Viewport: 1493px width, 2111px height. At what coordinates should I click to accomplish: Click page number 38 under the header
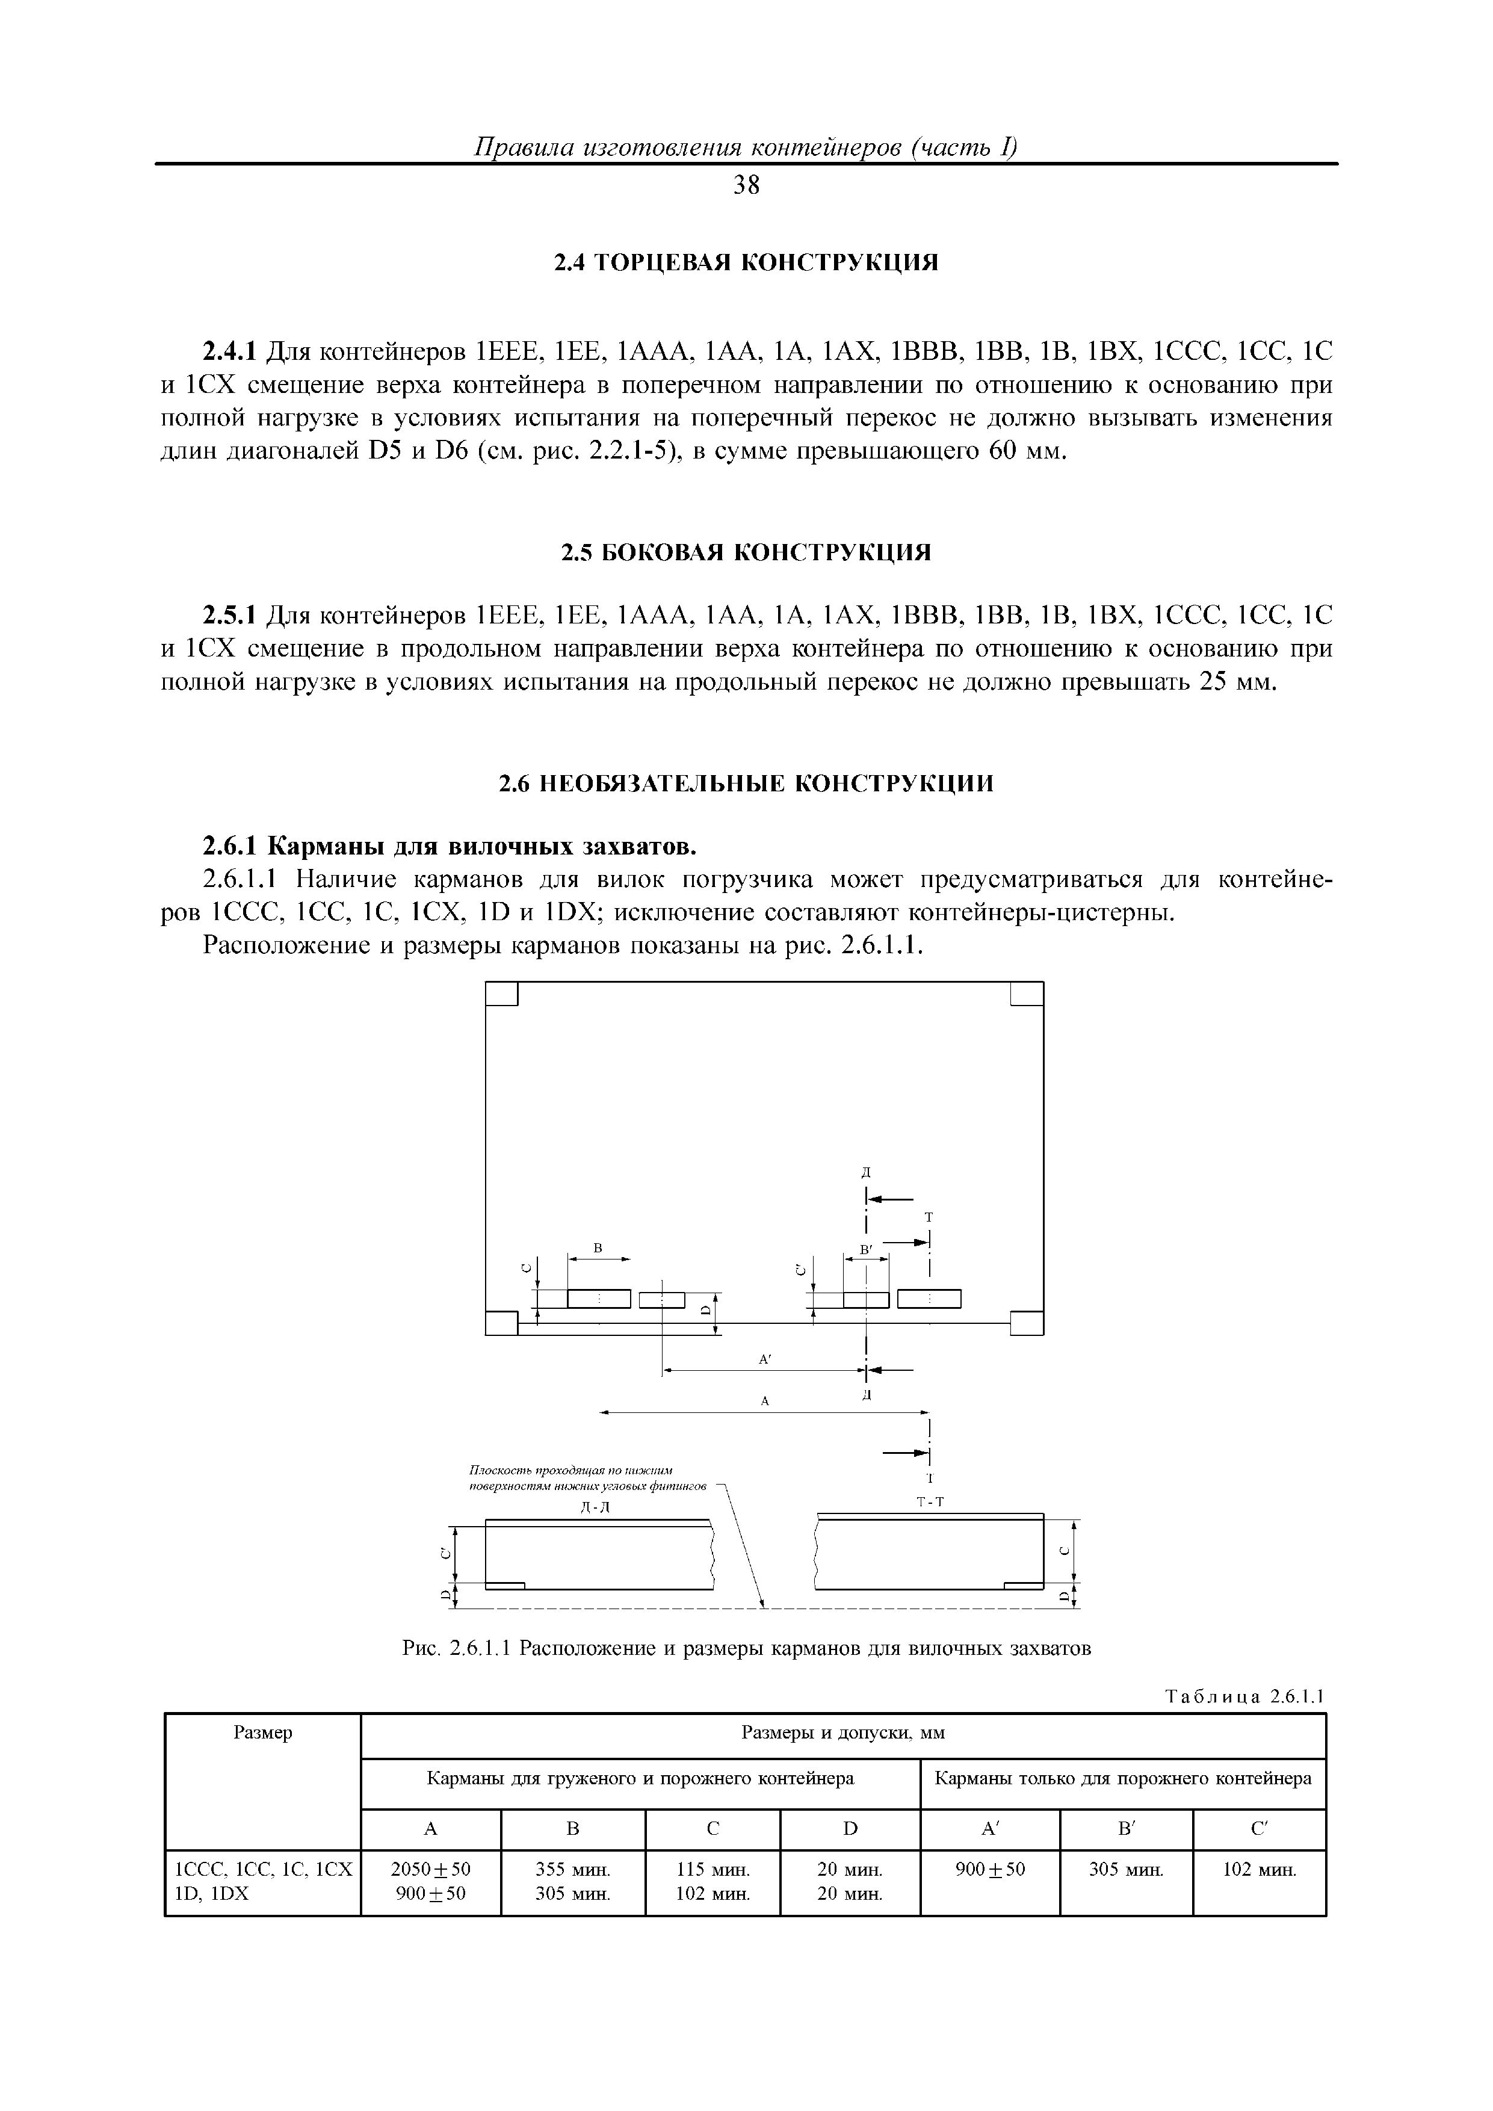coord(746,187)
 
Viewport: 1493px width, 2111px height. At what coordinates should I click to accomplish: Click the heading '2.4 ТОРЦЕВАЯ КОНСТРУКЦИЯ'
coord(746,263)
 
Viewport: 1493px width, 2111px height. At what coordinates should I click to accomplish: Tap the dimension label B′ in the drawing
coord(866,1249)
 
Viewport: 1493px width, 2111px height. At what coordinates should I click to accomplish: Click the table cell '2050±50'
coord(430,1869)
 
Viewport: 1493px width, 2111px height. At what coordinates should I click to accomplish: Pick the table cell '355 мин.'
coord(573,1869)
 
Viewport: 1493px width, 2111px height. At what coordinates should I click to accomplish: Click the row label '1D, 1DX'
coord(212,1894)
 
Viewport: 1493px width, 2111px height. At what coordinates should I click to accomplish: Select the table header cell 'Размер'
coord(263,1733)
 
